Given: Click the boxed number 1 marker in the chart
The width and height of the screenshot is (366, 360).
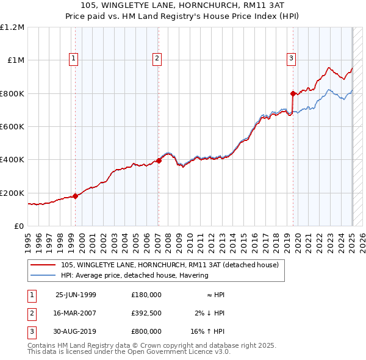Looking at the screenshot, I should click(x=73, y=59).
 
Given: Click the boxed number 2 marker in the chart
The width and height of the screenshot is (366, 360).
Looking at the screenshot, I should click(x=157, y=59).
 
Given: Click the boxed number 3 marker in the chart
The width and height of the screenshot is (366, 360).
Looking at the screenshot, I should click(x=292, y=59).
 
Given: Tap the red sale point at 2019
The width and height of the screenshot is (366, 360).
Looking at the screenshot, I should click(x=293, y=93).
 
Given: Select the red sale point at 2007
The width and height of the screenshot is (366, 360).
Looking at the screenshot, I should click(x=159, y=161).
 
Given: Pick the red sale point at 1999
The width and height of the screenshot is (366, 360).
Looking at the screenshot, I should click(x=76, y=196).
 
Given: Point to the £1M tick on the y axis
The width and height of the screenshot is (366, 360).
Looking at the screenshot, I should click(x=16, y=60).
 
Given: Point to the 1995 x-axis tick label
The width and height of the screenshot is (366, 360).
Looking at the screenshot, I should click(x=28, y=238).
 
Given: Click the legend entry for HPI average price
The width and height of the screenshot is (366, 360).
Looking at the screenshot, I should click(x=135, y=275).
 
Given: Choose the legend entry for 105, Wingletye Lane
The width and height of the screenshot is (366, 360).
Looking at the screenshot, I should click(x=170, y=265).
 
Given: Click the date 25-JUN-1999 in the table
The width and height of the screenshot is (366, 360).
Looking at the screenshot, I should click(x=76, y=295).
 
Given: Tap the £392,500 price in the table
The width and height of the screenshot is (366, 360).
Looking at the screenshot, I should click(x=146, y=313).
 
